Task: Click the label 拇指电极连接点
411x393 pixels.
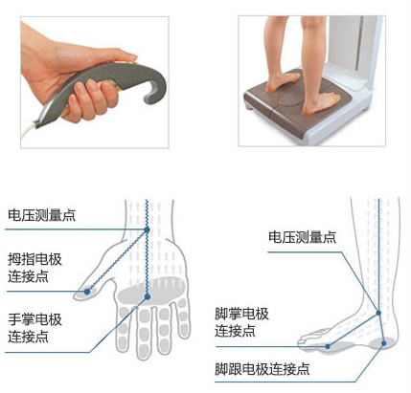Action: pos(34,266)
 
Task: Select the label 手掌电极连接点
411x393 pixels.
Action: pos(34,327)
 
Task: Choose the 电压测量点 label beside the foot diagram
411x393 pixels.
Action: pos(302,235)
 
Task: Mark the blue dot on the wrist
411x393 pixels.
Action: pos(148,230)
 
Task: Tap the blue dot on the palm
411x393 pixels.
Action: pos(146,297)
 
